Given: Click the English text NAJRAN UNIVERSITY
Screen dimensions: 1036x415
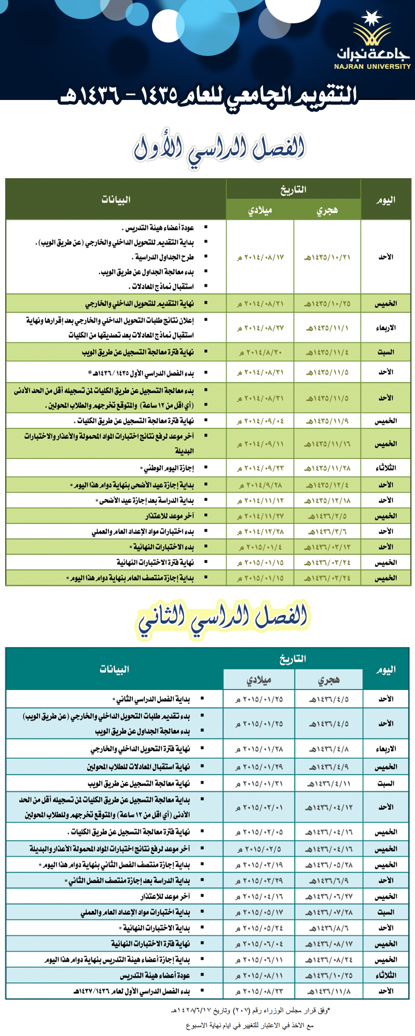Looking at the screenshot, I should click(x=372, y=67).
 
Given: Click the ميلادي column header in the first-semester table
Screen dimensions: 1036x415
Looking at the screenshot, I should click(x=260, y=210).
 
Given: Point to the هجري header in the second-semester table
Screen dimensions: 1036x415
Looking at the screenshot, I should click(x=328, y=680).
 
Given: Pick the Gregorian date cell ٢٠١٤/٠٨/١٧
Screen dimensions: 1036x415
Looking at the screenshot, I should click(x=260, y=257).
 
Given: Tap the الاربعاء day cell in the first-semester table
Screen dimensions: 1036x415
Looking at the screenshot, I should click(x=385, y=328).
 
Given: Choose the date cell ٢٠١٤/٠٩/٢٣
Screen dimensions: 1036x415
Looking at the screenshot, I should click(x=260, y=468).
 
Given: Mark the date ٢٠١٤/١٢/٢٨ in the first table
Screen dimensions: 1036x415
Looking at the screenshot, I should click(x=260, y=532).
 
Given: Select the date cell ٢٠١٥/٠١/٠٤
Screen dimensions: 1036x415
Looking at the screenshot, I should click(x=260, y=548).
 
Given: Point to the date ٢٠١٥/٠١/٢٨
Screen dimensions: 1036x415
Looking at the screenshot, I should click(x=259, y=749).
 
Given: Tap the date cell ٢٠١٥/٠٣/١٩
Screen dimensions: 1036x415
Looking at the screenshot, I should click(x=259, y=866).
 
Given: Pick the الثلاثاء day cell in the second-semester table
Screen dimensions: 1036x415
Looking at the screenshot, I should click(x=385, y=975).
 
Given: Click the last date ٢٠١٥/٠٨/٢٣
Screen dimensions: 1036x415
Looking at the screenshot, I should click(x=259, y=991).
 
